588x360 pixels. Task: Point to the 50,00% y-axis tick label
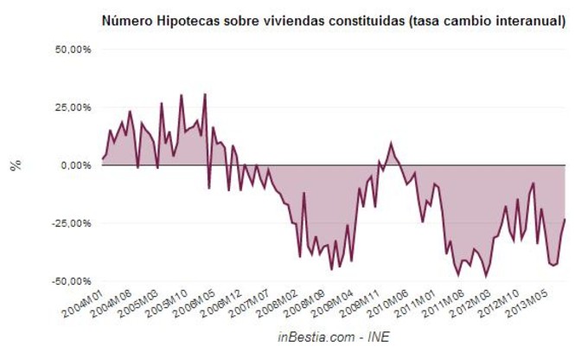click(73, 49)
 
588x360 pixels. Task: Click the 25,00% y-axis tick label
click(73, 107)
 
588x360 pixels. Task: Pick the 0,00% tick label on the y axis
click(75, 164)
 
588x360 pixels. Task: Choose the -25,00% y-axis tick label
click(71, 222)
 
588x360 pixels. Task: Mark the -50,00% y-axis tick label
click(71, 280)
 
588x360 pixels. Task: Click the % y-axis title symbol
click(16, 164)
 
